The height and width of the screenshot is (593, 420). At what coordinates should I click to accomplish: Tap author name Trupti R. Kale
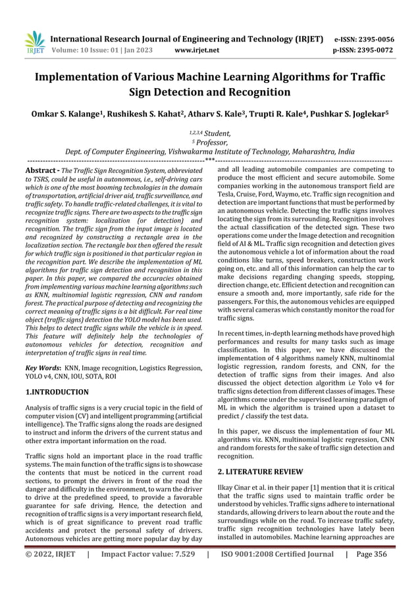(271, 114)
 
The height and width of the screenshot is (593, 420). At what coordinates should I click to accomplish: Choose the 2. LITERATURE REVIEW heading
(260, 471)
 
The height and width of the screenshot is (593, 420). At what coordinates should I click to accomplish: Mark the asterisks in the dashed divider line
(209, 160)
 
